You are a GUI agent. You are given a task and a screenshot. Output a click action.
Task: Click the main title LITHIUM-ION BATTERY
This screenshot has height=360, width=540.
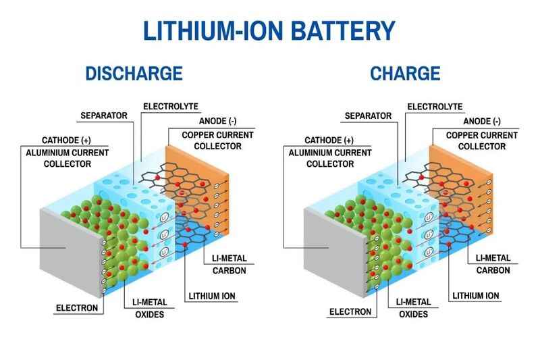270,30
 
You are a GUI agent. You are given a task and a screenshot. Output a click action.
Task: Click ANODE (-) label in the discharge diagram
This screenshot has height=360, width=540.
214,122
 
